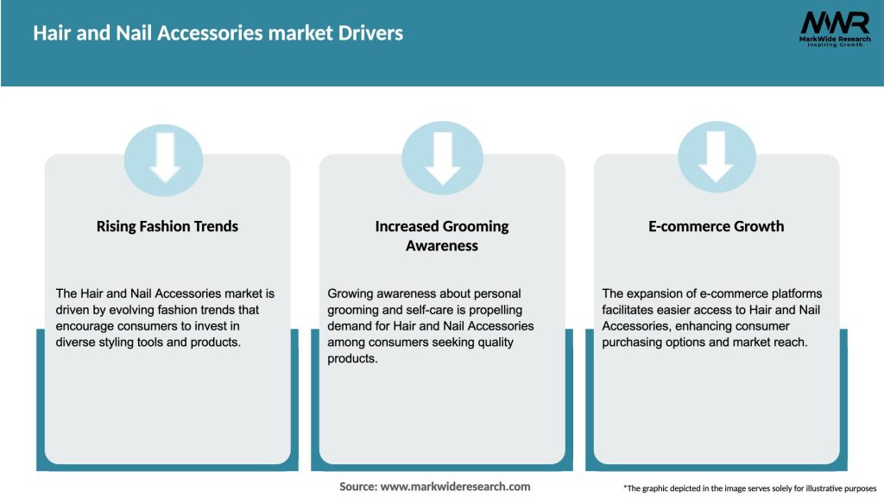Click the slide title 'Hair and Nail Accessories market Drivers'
(218, 34)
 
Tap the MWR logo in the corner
(834, 23)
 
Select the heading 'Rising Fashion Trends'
(167, 226)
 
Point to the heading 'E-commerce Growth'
(717, 226)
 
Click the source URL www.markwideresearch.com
(456, 487)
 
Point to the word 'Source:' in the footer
(358, 487)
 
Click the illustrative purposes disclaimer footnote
(749, 488)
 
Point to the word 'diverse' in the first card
(77, 343)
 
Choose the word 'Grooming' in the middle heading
(476, 226)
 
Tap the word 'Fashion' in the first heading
(168, 226)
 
